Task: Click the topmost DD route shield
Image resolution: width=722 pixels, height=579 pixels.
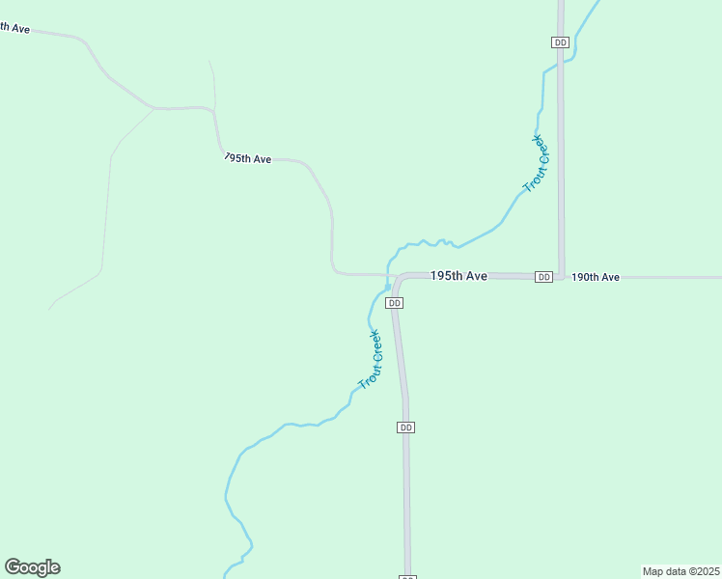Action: tap(561, 42)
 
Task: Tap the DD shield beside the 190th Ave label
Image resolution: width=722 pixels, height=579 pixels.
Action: tap(544, 277)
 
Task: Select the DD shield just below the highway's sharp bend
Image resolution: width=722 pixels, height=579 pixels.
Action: tap(394, 303)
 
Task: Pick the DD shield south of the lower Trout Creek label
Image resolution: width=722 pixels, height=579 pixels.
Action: tap(406, 427)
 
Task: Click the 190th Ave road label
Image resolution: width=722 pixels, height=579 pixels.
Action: tap(595, 277)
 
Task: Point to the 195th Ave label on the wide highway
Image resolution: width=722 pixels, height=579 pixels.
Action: tap(458, 276)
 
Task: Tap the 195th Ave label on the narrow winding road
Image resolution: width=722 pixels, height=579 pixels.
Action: tap(247, 158)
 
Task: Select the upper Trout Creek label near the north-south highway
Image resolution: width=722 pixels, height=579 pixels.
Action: tap(536, 163)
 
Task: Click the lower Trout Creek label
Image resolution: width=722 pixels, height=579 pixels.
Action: tap(371, 360)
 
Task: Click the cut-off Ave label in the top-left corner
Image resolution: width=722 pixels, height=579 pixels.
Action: tap(15, 28)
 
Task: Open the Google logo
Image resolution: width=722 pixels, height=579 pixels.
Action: tap(32, 567)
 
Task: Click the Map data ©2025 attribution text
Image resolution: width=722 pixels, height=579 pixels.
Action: tap(680, 571)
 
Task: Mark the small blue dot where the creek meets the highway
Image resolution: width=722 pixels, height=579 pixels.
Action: tap(388, 287)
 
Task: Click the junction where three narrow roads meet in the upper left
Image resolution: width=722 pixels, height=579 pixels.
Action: tap(154, 108)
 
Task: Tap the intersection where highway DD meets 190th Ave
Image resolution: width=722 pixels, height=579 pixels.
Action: tap(561, 277)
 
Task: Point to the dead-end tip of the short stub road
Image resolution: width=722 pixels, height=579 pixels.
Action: tap(209, 61)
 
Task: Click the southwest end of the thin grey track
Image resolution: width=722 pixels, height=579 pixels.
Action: tap(49, 310)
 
